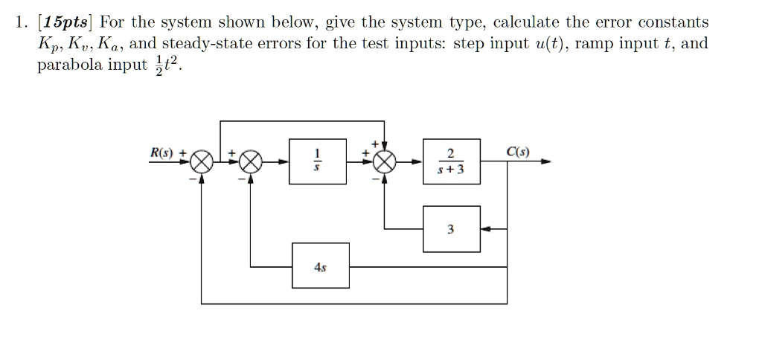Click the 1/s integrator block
tap(318, 161)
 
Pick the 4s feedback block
tap(321, 266)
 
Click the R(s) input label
tap(162, 153)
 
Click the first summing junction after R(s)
tap(202, 161)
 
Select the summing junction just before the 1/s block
tap(251, 161)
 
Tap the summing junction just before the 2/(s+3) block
tap(384, 161)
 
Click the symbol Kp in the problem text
tap(48, 44)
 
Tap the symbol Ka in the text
tap(112, 44)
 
